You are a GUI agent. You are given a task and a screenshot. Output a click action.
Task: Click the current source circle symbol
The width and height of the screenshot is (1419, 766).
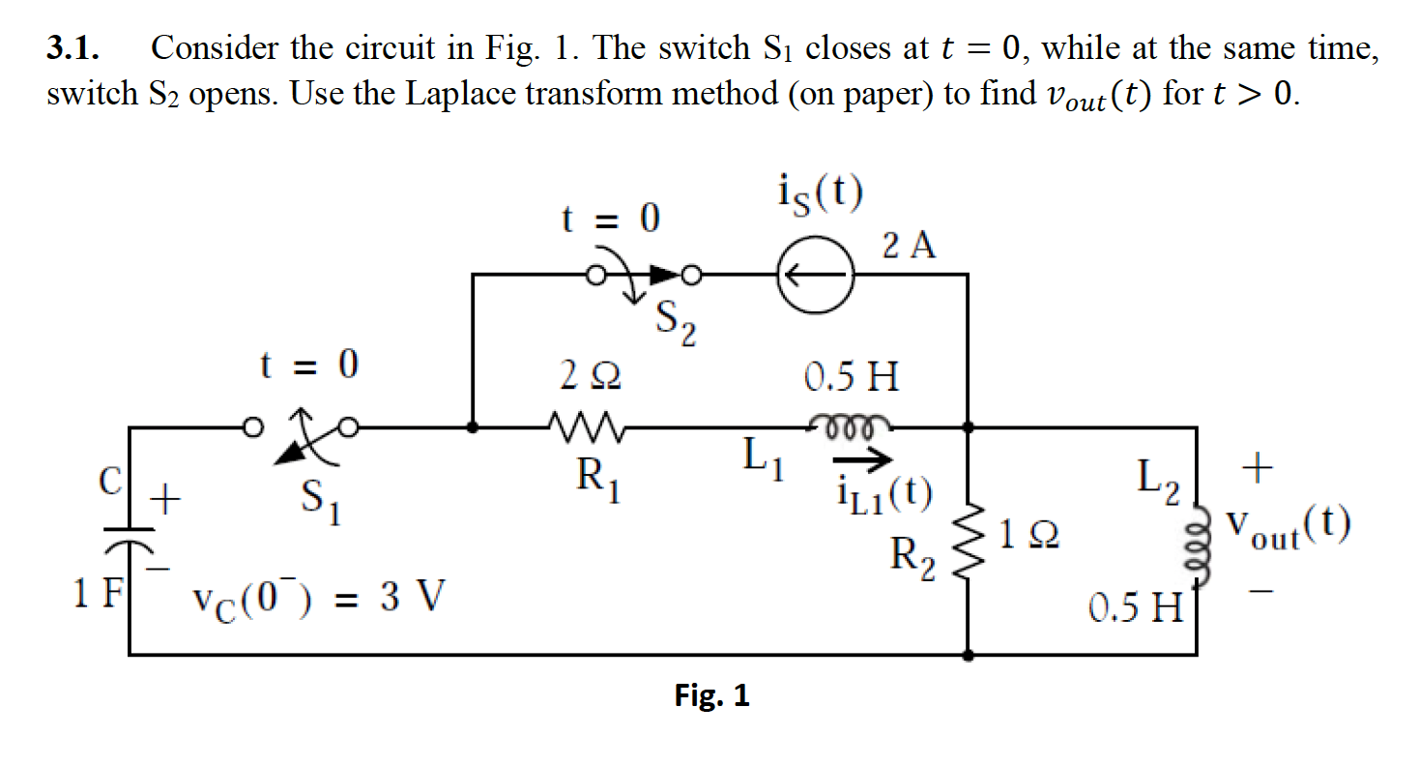click(814, 276)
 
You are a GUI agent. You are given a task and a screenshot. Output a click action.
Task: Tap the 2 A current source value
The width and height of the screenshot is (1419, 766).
click(910, 247)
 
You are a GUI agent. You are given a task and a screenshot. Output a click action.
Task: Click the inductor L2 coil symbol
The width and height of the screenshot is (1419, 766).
click(1200, 550)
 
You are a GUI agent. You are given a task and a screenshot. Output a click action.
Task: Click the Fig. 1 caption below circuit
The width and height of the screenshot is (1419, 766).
click(711, 695)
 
